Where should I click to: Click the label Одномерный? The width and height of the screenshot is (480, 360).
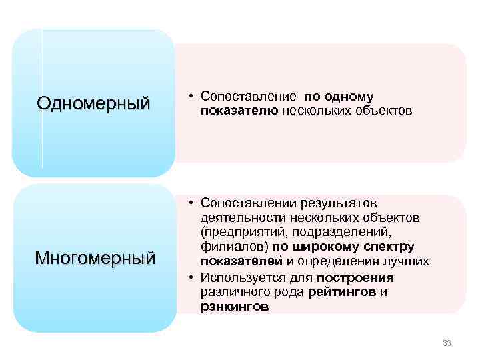[94, 103]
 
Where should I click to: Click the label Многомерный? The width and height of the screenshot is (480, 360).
[94, 257]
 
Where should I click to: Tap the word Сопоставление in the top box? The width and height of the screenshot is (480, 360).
[245, 97]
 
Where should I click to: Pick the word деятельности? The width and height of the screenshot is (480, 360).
[241, 217]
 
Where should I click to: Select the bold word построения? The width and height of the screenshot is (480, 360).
[355, 277]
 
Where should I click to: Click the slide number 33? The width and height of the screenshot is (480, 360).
[447, 343]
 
